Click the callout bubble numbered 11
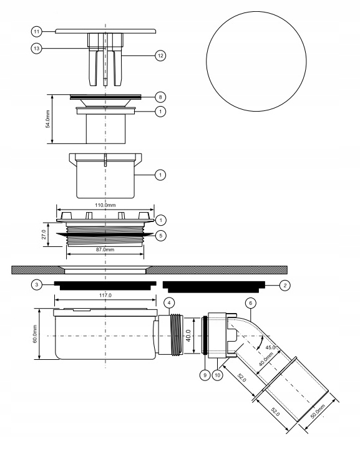[x=36, y=30]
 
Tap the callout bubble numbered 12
[x=160, y=56]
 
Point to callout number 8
[x=160, y=97]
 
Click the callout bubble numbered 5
[x=160, y=236]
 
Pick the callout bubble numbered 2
[x=285, y=284]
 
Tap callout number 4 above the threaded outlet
[x=169, y=302]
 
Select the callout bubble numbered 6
[x=250, y=302]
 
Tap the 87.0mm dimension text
[x=104, y=249]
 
